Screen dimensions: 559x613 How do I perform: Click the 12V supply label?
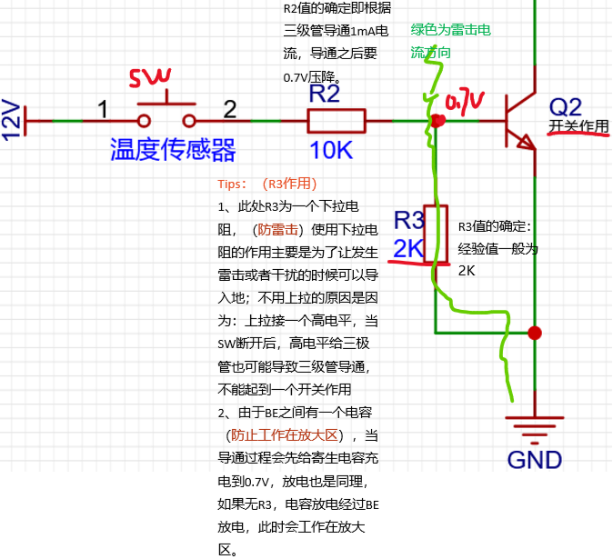pos(12,119)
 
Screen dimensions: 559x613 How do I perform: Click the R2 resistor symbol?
pos(336,120)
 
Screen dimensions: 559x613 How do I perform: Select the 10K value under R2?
pos(331,150)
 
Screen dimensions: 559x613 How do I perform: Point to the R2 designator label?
pos(325,93)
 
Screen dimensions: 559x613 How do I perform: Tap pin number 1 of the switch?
pos(104,110)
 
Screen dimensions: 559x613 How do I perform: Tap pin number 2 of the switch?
pos(230,110)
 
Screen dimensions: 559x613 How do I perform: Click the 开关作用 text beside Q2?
pos(578,126)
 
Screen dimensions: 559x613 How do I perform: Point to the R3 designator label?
pos(409,220)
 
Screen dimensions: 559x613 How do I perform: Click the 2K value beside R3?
pos(409,248)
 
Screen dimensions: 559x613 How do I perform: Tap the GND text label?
pos(535,459)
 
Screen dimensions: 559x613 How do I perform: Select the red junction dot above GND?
pos(535,333)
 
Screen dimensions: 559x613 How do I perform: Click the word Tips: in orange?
pos(233,183)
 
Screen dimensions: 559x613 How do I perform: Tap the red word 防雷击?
pos(276,229)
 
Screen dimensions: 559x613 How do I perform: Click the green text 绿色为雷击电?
pos(450,30)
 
